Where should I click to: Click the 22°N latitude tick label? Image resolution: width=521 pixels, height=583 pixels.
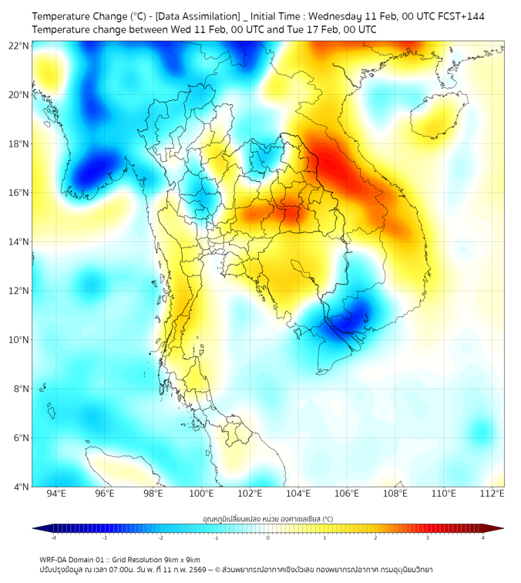pos(19,46)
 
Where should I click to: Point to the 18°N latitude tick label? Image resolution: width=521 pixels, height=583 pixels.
pos(19,144)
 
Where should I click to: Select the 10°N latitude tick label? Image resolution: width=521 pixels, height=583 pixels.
pos(19,340)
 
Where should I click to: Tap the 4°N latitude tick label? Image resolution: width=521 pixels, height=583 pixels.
pos(21,487)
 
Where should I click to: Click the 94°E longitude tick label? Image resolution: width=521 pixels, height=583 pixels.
pos(56,494)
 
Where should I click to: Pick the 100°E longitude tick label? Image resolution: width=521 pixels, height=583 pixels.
pos(201,494)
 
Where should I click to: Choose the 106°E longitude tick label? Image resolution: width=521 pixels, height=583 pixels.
pos(347,494)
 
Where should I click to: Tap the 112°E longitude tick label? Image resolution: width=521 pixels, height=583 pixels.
pos(492,494)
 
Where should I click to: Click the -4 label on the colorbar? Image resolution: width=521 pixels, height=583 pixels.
pos(52,538)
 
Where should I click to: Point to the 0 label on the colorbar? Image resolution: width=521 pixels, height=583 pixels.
pos(268,538)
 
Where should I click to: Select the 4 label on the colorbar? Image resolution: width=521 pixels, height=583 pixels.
pos(483,538)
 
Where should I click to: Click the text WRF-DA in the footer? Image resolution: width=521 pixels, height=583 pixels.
pos(55,559)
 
